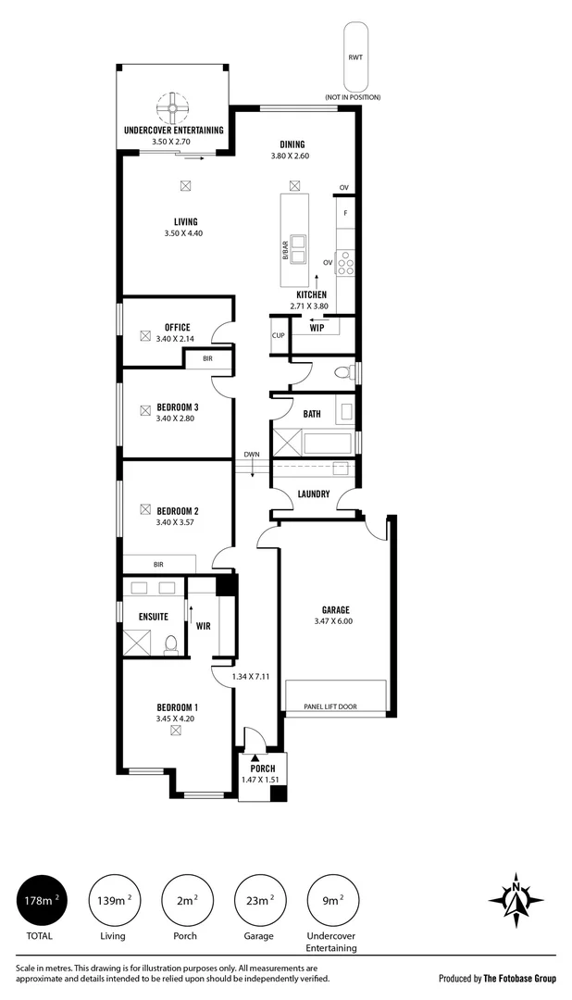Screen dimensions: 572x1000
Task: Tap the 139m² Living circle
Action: pyautogui.click(x=114, y=900)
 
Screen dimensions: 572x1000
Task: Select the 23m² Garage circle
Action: pyautogui.click(x=259, y=900)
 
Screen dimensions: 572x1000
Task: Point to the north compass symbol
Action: pyautogui.click(x=516, y=901)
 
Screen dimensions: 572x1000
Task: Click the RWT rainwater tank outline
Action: pyautogui.click(x=355, y=56)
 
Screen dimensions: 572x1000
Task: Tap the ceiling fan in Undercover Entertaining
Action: pyautogui.click(x=172, y=108)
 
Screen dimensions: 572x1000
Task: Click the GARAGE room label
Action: pyautogui.click(x=335, y=610)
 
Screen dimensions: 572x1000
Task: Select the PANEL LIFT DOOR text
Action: pyautogui.click(x=330, y=706)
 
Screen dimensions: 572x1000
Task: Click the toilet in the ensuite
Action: pyautogui.click(x=171, y=645)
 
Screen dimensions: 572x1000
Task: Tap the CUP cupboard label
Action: pyautogui.click(x=278, y=335)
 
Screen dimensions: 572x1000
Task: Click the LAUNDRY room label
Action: pyautogui.click(x=314, y=494)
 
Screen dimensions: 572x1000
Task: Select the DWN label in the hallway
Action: pyautogui.click(x=251, y=455)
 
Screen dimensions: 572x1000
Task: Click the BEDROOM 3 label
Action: pyautogui.click(x=178, y=406)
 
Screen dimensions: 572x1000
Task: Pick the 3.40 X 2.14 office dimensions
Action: pyautogui.click(x=175, y=339)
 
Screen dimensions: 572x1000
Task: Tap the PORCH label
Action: pyautogui.click(x=262, y=769)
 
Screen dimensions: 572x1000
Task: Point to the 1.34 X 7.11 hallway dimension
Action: pyautogui.click(x=250, y=677)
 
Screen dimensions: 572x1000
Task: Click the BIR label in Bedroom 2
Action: pyautogui.click(x=159, y=565)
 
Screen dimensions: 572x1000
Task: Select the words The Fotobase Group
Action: pyautogui.click(x=520, y=979)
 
